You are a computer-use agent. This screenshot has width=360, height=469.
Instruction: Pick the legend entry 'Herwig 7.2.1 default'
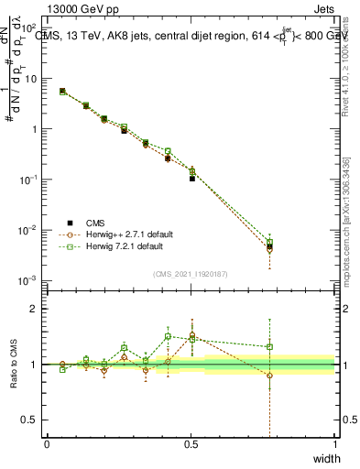pyautogui.click(x=120, y=246)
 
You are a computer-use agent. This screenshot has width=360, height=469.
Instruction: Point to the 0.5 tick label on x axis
pyautogui.click(x=191, y=444)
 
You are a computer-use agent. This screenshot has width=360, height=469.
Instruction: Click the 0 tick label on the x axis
pyautogui.click(x=47, y=444)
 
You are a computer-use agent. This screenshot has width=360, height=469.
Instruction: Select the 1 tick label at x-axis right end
pyautogui.click(x=334, y=444)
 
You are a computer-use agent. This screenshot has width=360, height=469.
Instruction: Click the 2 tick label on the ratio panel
pyautogui.click(x=34, y=309)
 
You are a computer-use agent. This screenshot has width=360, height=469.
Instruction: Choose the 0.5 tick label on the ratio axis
pyautogui.click(x=30, y=420)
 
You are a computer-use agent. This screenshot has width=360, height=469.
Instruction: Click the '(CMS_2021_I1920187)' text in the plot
pyautogui.click(x=191, y=272)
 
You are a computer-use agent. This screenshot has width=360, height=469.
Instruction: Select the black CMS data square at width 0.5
pyautogui.click(x=192, y=178)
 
